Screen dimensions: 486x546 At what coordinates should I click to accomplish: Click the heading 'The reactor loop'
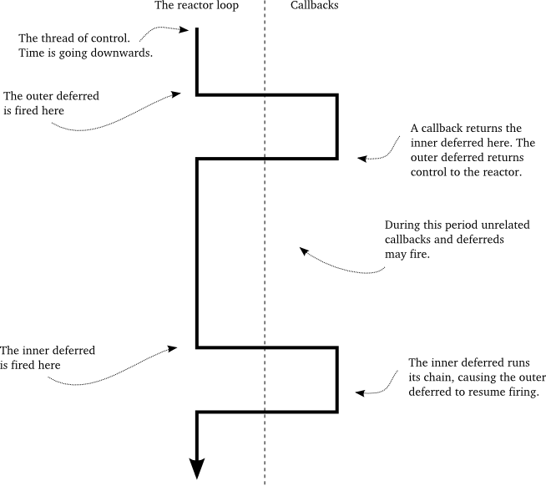(197, 6)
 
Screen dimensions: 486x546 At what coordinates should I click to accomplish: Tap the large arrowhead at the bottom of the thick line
(197, 469)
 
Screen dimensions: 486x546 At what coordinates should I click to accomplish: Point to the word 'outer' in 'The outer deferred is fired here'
(40, 96)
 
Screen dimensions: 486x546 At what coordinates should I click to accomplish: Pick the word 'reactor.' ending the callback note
(501, 173)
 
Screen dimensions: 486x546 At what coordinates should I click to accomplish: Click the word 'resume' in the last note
(483, 392)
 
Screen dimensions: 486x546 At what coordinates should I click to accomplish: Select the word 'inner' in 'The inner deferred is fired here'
(38, 350)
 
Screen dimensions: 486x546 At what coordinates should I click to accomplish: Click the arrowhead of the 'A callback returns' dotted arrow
(361, 157)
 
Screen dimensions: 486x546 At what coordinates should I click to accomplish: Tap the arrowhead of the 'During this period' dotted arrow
(303, 251)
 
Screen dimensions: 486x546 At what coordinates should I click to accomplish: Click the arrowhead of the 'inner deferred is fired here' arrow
(174, 347)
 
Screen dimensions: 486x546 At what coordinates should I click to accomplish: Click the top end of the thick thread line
(197, 30)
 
